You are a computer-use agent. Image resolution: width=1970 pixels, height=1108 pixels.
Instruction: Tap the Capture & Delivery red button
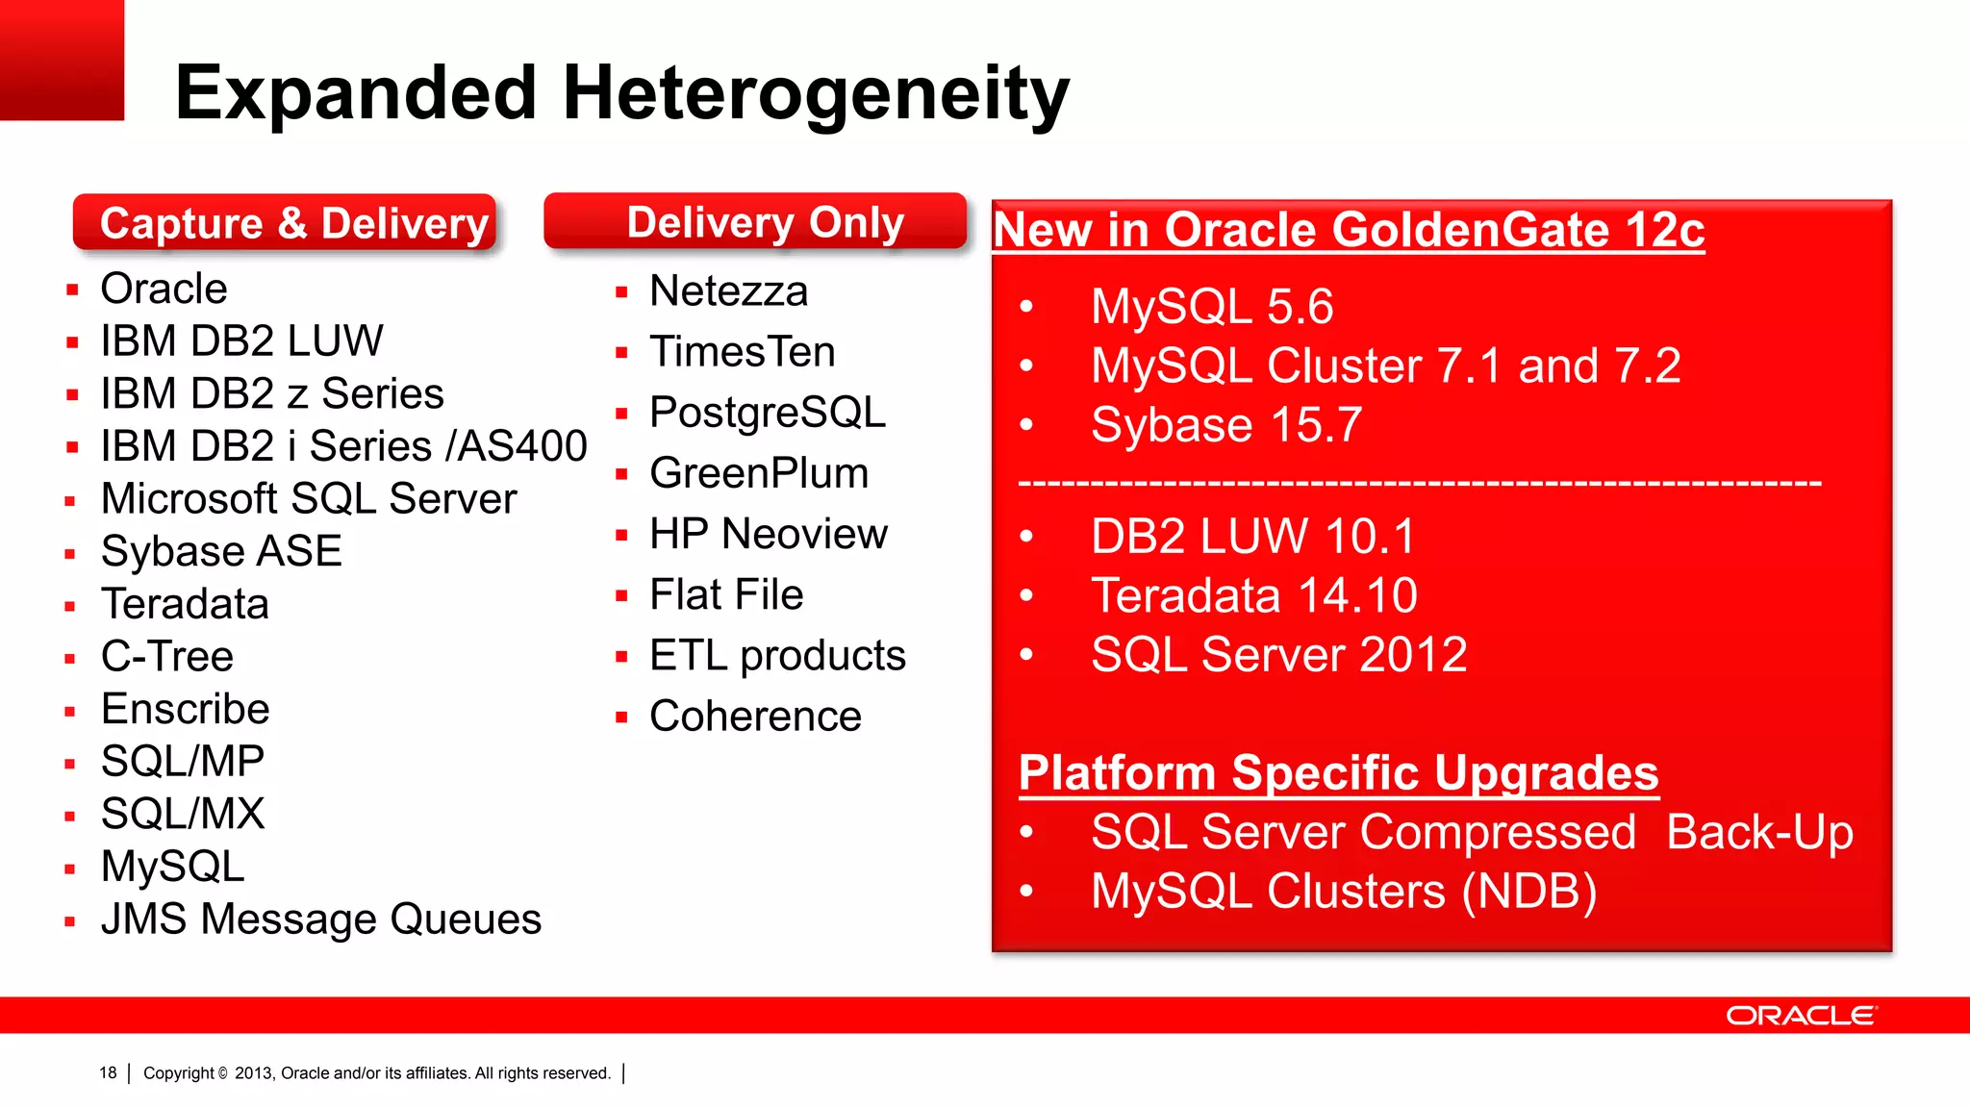(x=285, y=223)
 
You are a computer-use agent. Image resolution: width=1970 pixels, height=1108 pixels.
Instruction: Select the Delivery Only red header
(x=755, y=222)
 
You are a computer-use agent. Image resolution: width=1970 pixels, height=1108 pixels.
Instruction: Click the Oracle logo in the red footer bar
(x=1800, y=1016)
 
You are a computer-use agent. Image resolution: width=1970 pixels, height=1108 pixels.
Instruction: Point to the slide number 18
(x=108, y=1072)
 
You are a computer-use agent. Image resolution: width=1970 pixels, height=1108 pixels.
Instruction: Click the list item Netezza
(x=728, y=291)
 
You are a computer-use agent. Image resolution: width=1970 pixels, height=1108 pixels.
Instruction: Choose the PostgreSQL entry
(x=767, y=413)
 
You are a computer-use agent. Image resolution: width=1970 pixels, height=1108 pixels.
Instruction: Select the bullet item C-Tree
(x=167, y=657)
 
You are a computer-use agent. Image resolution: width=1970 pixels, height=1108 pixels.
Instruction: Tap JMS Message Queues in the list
(x=321, y=919)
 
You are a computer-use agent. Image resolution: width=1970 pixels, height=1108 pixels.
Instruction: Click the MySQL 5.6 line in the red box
(x=1211, y=307)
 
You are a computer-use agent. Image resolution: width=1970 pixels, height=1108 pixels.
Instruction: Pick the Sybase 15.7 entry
(x=1225, y=425)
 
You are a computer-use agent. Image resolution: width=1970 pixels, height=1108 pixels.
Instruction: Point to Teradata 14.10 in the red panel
(x=1253, y=595)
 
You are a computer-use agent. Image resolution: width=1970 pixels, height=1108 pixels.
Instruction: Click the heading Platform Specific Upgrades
(x=1338, y=773)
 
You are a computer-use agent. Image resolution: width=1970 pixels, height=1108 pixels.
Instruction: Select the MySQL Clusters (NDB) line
(x=1343, y=892)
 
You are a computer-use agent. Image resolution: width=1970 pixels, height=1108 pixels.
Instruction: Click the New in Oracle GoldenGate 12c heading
(x=1348, y=230)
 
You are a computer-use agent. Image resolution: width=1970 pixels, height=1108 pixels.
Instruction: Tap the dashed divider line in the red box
(x=1420, y=482)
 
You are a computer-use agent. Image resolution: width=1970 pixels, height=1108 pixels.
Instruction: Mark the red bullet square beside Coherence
(x=621, y=718)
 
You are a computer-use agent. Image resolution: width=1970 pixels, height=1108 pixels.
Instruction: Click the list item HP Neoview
(x=768, y=534)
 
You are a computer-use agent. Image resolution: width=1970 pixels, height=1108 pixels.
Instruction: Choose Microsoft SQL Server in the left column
(x=309, y=499)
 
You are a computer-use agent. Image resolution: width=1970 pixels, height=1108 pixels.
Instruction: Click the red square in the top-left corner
(x=62, y=60)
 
